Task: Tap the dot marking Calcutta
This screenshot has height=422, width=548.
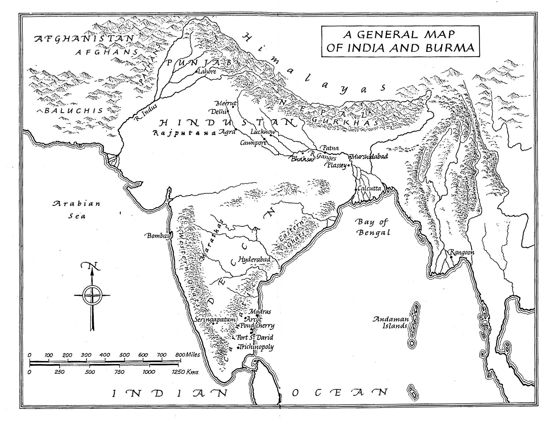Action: pyautogui.click(x=355, y=189)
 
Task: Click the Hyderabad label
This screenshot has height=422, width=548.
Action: pyautogui.click(x=254, y=259)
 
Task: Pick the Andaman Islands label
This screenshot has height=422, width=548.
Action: pyautogui.click(x=390, y=322)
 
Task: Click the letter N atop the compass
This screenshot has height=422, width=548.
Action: pyautogui.click(x=90, y=265)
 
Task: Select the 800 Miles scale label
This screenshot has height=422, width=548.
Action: pyautogui.click(x=188, y=355)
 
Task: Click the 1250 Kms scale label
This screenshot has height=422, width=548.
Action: pyautogui.click(x=185, y=372)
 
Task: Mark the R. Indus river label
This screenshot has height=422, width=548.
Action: pyautogui.click(x=146, y=113)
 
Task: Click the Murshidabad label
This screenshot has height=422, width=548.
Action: pyautogui.click(x=370, y=157)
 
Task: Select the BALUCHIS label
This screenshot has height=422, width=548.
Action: pyautogui.click(x=73, y=111)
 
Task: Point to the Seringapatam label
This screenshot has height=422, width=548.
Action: pyautogui.click(x=215, y=319)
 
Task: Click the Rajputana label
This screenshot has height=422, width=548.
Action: pyautogui.click(x=184, y=133)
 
